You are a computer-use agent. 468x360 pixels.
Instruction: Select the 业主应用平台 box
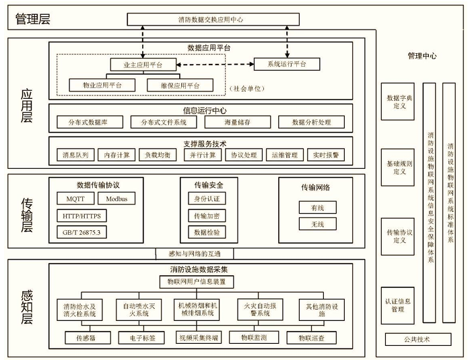point(142,65)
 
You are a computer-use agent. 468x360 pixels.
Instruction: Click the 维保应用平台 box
point(180,85)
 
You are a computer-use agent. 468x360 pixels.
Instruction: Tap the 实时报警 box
point(326,155)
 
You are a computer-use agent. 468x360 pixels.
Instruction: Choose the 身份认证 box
point(207,199)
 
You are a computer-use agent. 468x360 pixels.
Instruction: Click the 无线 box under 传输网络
point(317,224)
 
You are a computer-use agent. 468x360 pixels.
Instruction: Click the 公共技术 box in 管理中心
point(417,339)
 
